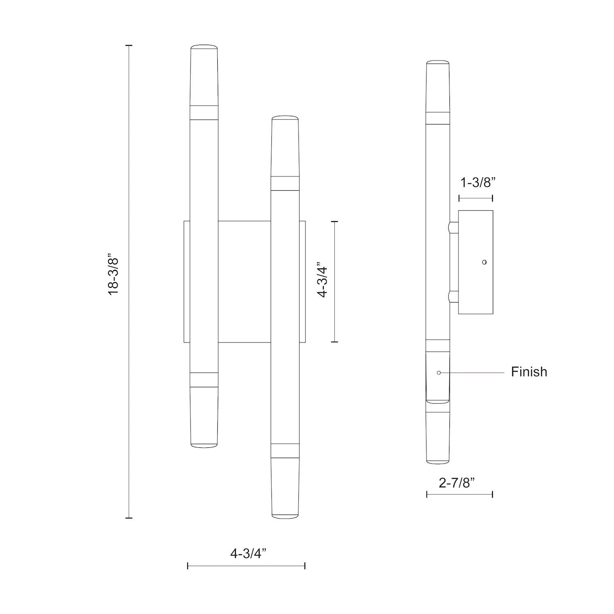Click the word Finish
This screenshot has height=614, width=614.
tap(529, 372)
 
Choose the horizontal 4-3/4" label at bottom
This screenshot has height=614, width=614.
tap(248, 554)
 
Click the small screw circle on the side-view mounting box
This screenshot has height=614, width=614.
tap(484, 262)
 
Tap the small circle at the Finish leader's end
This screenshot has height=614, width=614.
tap(439, 372)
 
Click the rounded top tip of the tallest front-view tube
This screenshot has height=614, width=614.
tap(204, 46)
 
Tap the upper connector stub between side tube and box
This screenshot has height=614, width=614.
tap(454, 228)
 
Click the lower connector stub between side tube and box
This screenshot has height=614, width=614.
tap(454, 297)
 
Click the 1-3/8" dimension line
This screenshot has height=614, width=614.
tap(476, 198)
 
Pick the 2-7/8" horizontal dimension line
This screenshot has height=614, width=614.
tap(459, 494)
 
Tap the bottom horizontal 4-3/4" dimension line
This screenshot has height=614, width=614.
tap(246, 566)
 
